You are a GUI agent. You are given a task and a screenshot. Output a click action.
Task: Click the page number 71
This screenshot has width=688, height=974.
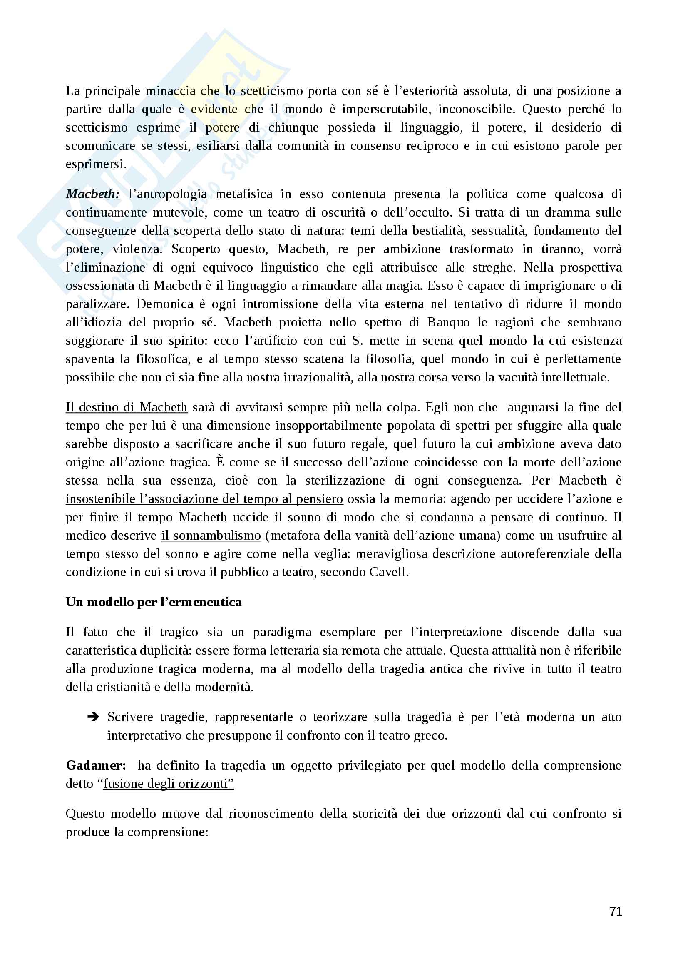click(616, 911)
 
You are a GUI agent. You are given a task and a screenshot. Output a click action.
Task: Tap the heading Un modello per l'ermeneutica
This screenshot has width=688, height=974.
click(154, 602)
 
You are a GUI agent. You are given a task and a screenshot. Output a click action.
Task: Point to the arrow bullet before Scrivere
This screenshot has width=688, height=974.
click(93, 717)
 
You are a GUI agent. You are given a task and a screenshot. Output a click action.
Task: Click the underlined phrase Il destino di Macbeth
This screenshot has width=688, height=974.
click(127, 407)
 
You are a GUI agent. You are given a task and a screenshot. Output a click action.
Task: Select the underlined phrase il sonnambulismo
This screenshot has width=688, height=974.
click(211, 536)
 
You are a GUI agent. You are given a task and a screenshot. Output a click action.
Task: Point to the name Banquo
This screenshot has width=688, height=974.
click(448, 322)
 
